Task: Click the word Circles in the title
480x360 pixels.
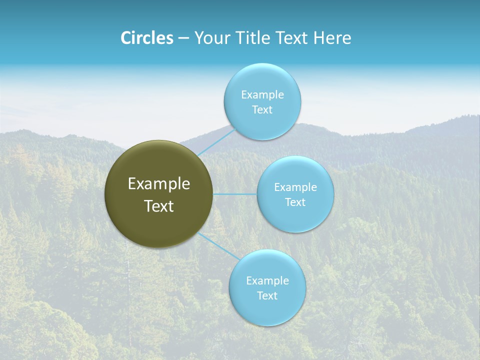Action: pos(147,38)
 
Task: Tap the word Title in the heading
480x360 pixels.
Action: pos(254,38)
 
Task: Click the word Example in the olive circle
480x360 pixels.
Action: pos(159,184)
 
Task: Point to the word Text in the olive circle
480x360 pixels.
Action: pos(159,206)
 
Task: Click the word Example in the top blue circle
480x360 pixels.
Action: pos(262,95)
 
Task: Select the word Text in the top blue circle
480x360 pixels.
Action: pos(262,110)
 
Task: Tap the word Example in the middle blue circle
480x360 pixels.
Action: pos(295,187)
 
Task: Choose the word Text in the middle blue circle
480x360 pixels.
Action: pos(295,202)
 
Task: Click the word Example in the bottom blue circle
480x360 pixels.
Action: pos(267,281)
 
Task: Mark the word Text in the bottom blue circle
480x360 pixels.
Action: pos(267,296)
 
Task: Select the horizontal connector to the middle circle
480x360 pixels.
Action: pos(235,194)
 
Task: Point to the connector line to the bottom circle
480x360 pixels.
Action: pos(219,246)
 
